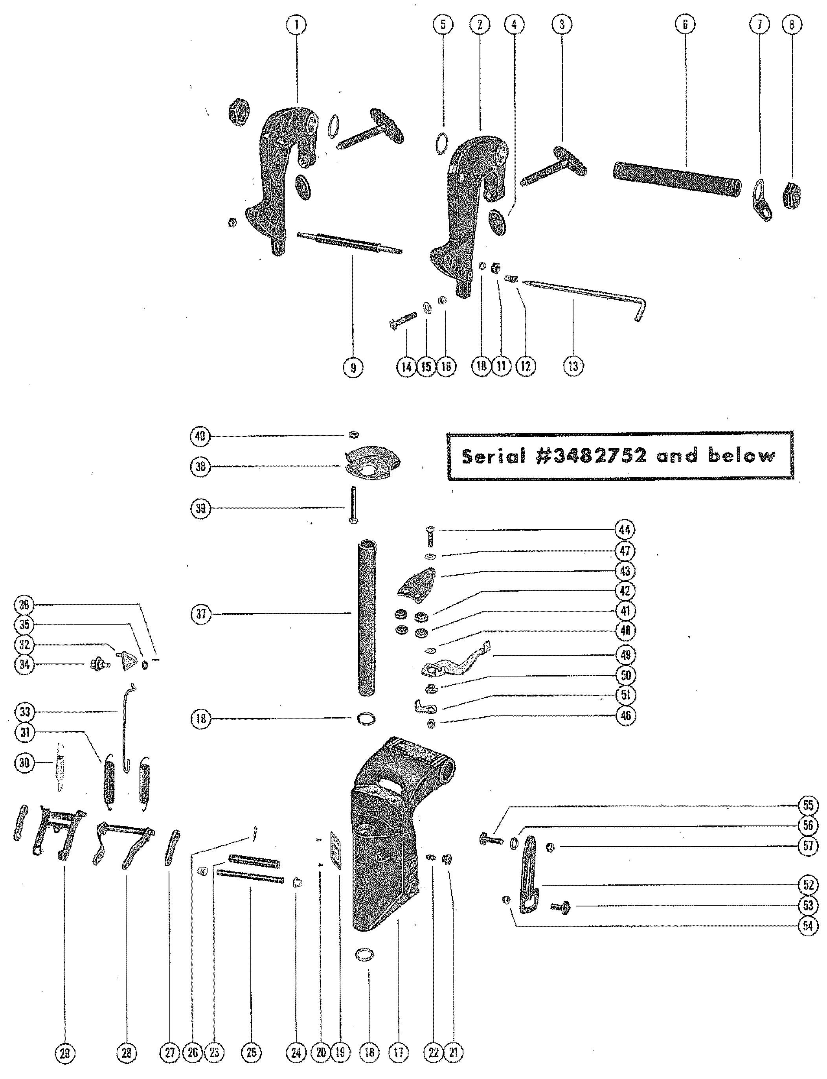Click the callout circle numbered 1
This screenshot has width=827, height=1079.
(x=297, y=25)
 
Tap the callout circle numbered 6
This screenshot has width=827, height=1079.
(x=685, y=25)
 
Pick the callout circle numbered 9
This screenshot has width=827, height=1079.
(x=353, y=367)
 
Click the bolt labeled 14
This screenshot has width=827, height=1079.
(x=402, y=320)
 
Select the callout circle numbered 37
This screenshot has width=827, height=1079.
(x=201, y=614)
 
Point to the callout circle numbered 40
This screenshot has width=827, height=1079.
(x=201, y=436)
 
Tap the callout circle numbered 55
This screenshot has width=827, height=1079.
(x=807, y=806)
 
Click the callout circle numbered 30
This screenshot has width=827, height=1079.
(x=25, y=763)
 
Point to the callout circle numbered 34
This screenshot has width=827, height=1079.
(x=25, y=665)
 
